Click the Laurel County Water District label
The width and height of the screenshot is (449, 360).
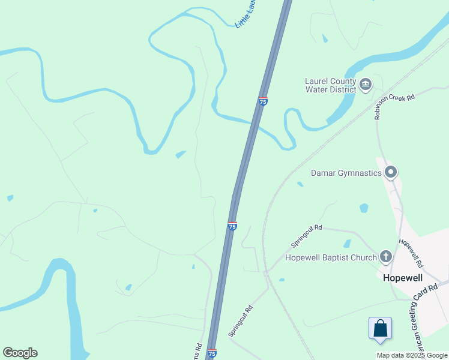click(x=330, y=85)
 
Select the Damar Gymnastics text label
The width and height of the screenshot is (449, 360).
click(x=346, y=173)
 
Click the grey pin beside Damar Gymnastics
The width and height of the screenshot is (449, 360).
click(x=391, y=173)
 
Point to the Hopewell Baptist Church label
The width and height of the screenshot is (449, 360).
click(x=331, y=257)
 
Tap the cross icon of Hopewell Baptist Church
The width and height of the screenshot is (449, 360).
click(x=385, y=257)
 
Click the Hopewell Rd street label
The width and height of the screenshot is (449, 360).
click(x=411, y=253)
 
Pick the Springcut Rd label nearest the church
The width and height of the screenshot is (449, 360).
click(x=307, y=236)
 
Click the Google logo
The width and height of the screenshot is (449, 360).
click(x=20, y=353)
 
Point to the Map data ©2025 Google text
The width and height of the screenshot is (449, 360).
click(x=412, y=355)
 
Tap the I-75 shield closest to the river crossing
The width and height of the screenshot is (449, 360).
click(x=263, y=101)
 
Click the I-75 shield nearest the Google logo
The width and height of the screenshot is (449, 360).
click(x=211, y=353)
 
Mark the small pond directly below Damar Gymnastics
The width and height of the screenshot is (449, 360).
click(x=364, y=208)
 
